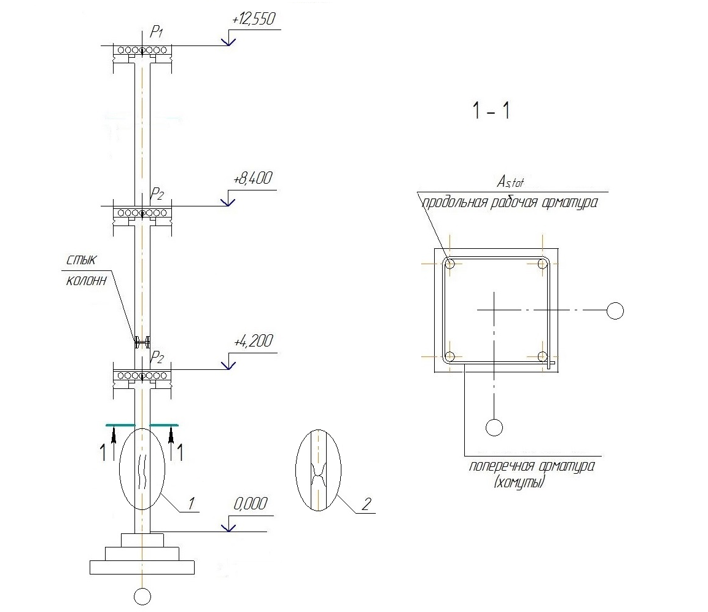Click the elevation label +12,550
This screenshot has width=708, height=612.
point(254,20)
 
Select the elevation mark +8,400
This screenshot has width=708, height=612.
point(253,179)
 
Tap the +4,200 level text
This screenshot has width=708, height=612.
point(254,341)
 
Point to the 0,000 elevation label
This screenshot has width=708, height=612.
point(251,503)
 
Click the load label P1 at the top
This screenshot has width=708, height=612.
point(156,32)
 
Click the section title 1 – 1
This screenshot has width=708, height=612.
point(491,111)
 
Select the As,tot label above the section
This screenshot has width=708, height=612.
point(510,182)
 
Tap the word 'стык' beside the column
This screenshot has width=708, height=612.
point(81,261)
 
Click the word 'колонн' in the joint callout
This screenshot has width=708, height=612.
point(86,281)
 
